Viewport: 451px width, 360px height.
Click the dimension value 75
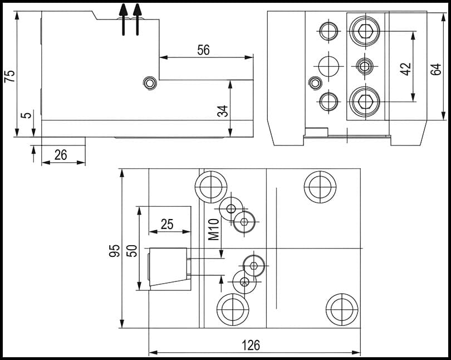(11, 76)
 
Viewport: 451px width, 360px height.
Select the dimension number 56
(204, 50)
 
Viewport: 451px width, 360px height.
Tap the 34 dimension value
(222, 111)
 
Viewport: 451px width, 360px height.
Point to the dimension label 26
(61, 155)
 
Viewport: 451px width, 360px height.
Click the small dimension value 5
(26, 115)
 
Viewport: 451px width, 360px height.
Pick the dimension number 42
(406, 69)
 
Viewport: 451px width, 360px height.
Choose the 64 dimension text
(436, 69)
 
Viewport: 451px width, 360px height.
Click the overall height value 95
(115, 251)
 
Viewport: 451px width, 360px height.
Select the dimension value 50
(132, 251)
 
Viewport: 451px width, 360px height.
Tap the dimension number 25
(167, 224)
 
